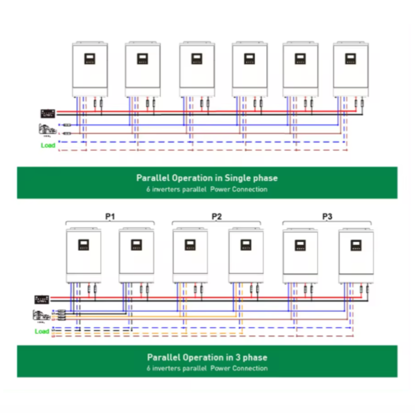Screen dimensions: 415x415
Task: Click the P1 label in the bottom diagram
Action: [x=109, y=216]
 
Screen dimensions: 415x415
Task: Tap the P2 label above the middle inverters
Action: [x=216, y=216]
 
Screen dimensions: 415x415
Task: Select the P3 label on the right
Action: [x=327, y=216]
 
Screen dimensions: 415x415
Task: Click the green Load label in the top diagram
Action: [x=48, y=145]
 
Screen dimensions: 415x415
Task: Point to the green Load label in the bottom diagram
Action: [x=42, y=331]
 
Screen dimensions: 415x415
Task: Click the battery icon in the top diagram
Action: [x=48, y=113]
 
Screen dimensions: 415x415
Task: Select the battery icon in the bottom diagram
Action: [x=42, y=299]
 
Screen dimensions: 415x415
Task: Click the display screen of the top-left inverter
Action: [x=90, y=58]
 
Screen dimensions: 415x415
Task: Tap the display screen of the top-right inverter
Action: [x=351, y=58]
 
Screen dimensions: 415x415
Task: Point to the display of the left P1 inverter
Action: [x=84, y=245]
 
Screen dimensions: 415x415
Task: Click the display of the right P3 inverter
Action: [x=356, y=245]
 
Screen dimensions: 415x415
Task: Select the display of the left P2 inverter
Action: [x=190, y=245]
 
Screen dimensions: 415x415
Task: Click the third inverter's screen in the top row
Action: [x=196, y=58]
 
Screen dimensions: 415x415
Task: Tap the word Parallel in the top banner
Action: [x=151, y=178]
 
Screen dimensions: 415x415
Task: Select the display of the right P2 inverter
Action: [x=246, y=245]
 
